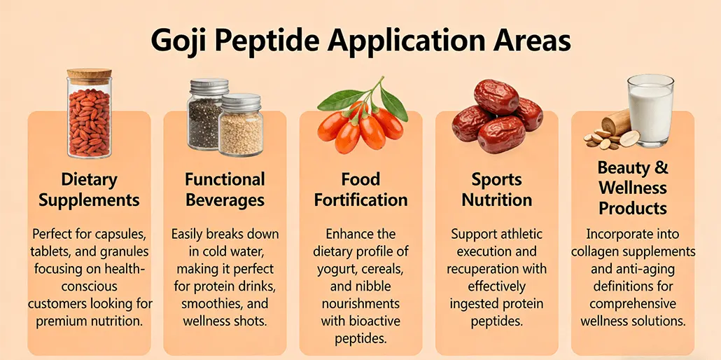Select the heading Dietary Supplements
tap(89, 189)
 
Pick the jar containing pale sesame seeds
tap(241, 127)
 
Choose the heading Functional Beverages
tap(225, 189)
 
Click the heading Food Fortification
tap(360, 189)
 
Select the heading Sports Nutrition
tap(496, 189)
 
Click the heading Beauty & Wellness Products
tap(633, 188)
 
